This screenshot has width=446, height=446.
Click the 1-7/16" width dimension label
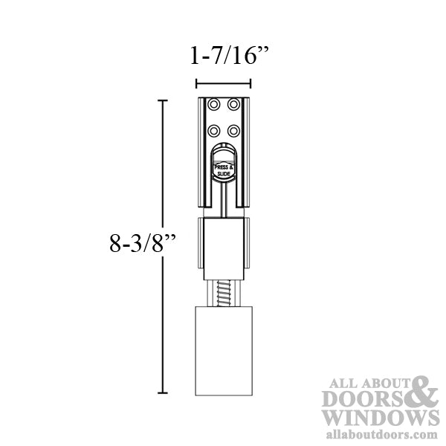tap(223, 56)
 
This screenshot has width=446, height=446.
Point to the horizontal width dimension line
tap(223, 83)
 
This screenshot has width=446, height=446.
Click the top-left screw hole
tap(213, 104)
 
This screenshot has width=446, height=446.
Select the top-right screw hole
tap(233, 104)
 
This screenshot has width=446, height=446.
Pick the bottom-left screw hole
tap(213, 129)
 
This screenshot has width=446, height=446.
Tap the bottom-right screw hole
tap(233, 129)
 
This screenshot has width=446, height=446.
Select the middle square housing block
tap(223, 245)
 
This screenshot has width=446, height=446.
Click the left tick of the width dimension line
tap(195, 83)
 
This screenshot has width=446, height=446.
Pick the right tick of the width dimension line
tap(251, 83)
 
